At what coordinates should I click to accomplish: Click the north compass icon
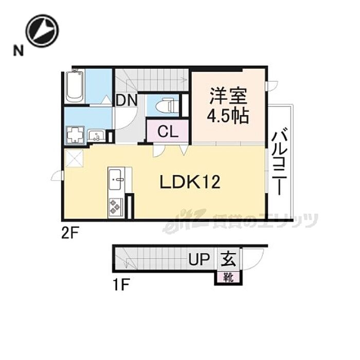tap(42, 31)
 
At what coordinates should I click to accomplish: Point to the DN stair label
tap(126, 100)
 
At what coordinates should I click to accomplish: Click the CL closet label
tap(168, 132)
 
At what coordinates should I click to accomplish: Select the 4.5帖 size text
tap(228, 116)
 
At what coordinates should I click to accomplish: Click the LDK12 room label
tap(189, 182)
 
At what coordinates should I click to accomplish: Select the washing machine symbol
tap(75, 135)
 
